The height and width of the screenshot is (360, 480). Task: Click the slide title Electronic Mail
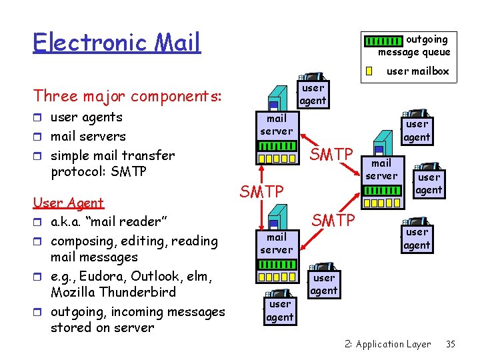pos(117,43)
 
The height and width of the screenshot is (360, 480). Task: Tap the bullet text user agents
pos(87,117)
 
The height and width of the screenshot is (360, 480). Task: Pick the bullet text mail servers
pos(88,136)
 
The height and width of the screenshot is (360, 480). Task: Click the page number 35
pos(450,344)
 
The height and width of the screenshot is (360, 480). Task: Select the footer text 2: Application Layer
pos(387,344)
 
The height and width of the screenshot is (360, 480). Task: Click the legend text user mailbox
pos(418,71)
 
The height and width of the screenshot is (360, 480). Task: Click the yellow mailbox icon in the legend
pos(369,71)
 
